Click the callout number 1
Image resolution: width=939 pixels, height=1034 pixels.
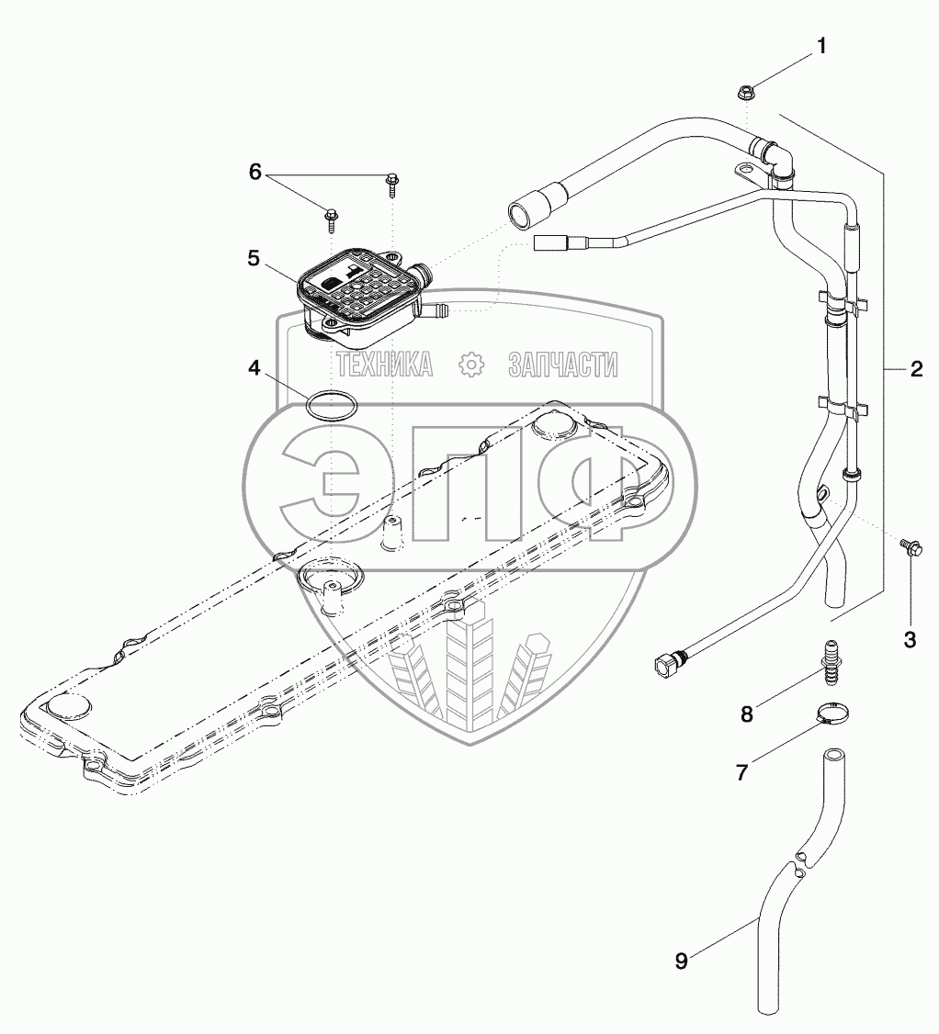[x=822, y=45]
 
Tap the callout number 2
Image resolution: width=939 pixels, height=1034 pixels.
[x=915, y=369]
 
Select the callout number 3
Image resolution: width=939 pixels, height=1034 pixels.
[x=910, y=640]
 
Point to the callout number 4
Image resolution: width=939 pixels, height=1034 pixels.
[x=254, y=369]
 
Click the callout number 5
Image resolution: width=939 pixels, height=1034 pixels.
[x=254, y=259]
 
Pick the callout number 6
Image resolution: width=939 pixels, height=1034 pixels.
[x=255, y=172]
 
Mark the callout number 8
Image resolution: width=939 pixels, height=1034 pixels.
[x=746, y=714]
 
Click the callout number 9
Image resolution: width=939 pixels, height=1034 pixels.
[x=681, y=961]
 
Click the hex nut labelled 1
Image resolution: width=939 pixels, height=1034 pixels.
[x=745, y=91]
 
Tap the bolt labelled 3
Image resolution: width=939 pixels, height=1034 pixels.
[x=908, y=549]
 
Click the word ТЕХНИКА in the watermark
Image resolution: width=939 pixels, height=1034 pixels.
[x=385, y=365]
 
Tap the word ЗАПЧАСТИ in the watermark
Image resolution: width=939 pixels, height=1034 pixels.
[x=563, y=365]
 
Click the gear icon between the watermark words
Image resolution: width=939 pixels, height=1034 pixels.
[x=471, y=365]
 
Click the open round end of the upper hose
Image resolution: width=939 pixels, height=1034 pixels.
[x=519, y=215]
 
